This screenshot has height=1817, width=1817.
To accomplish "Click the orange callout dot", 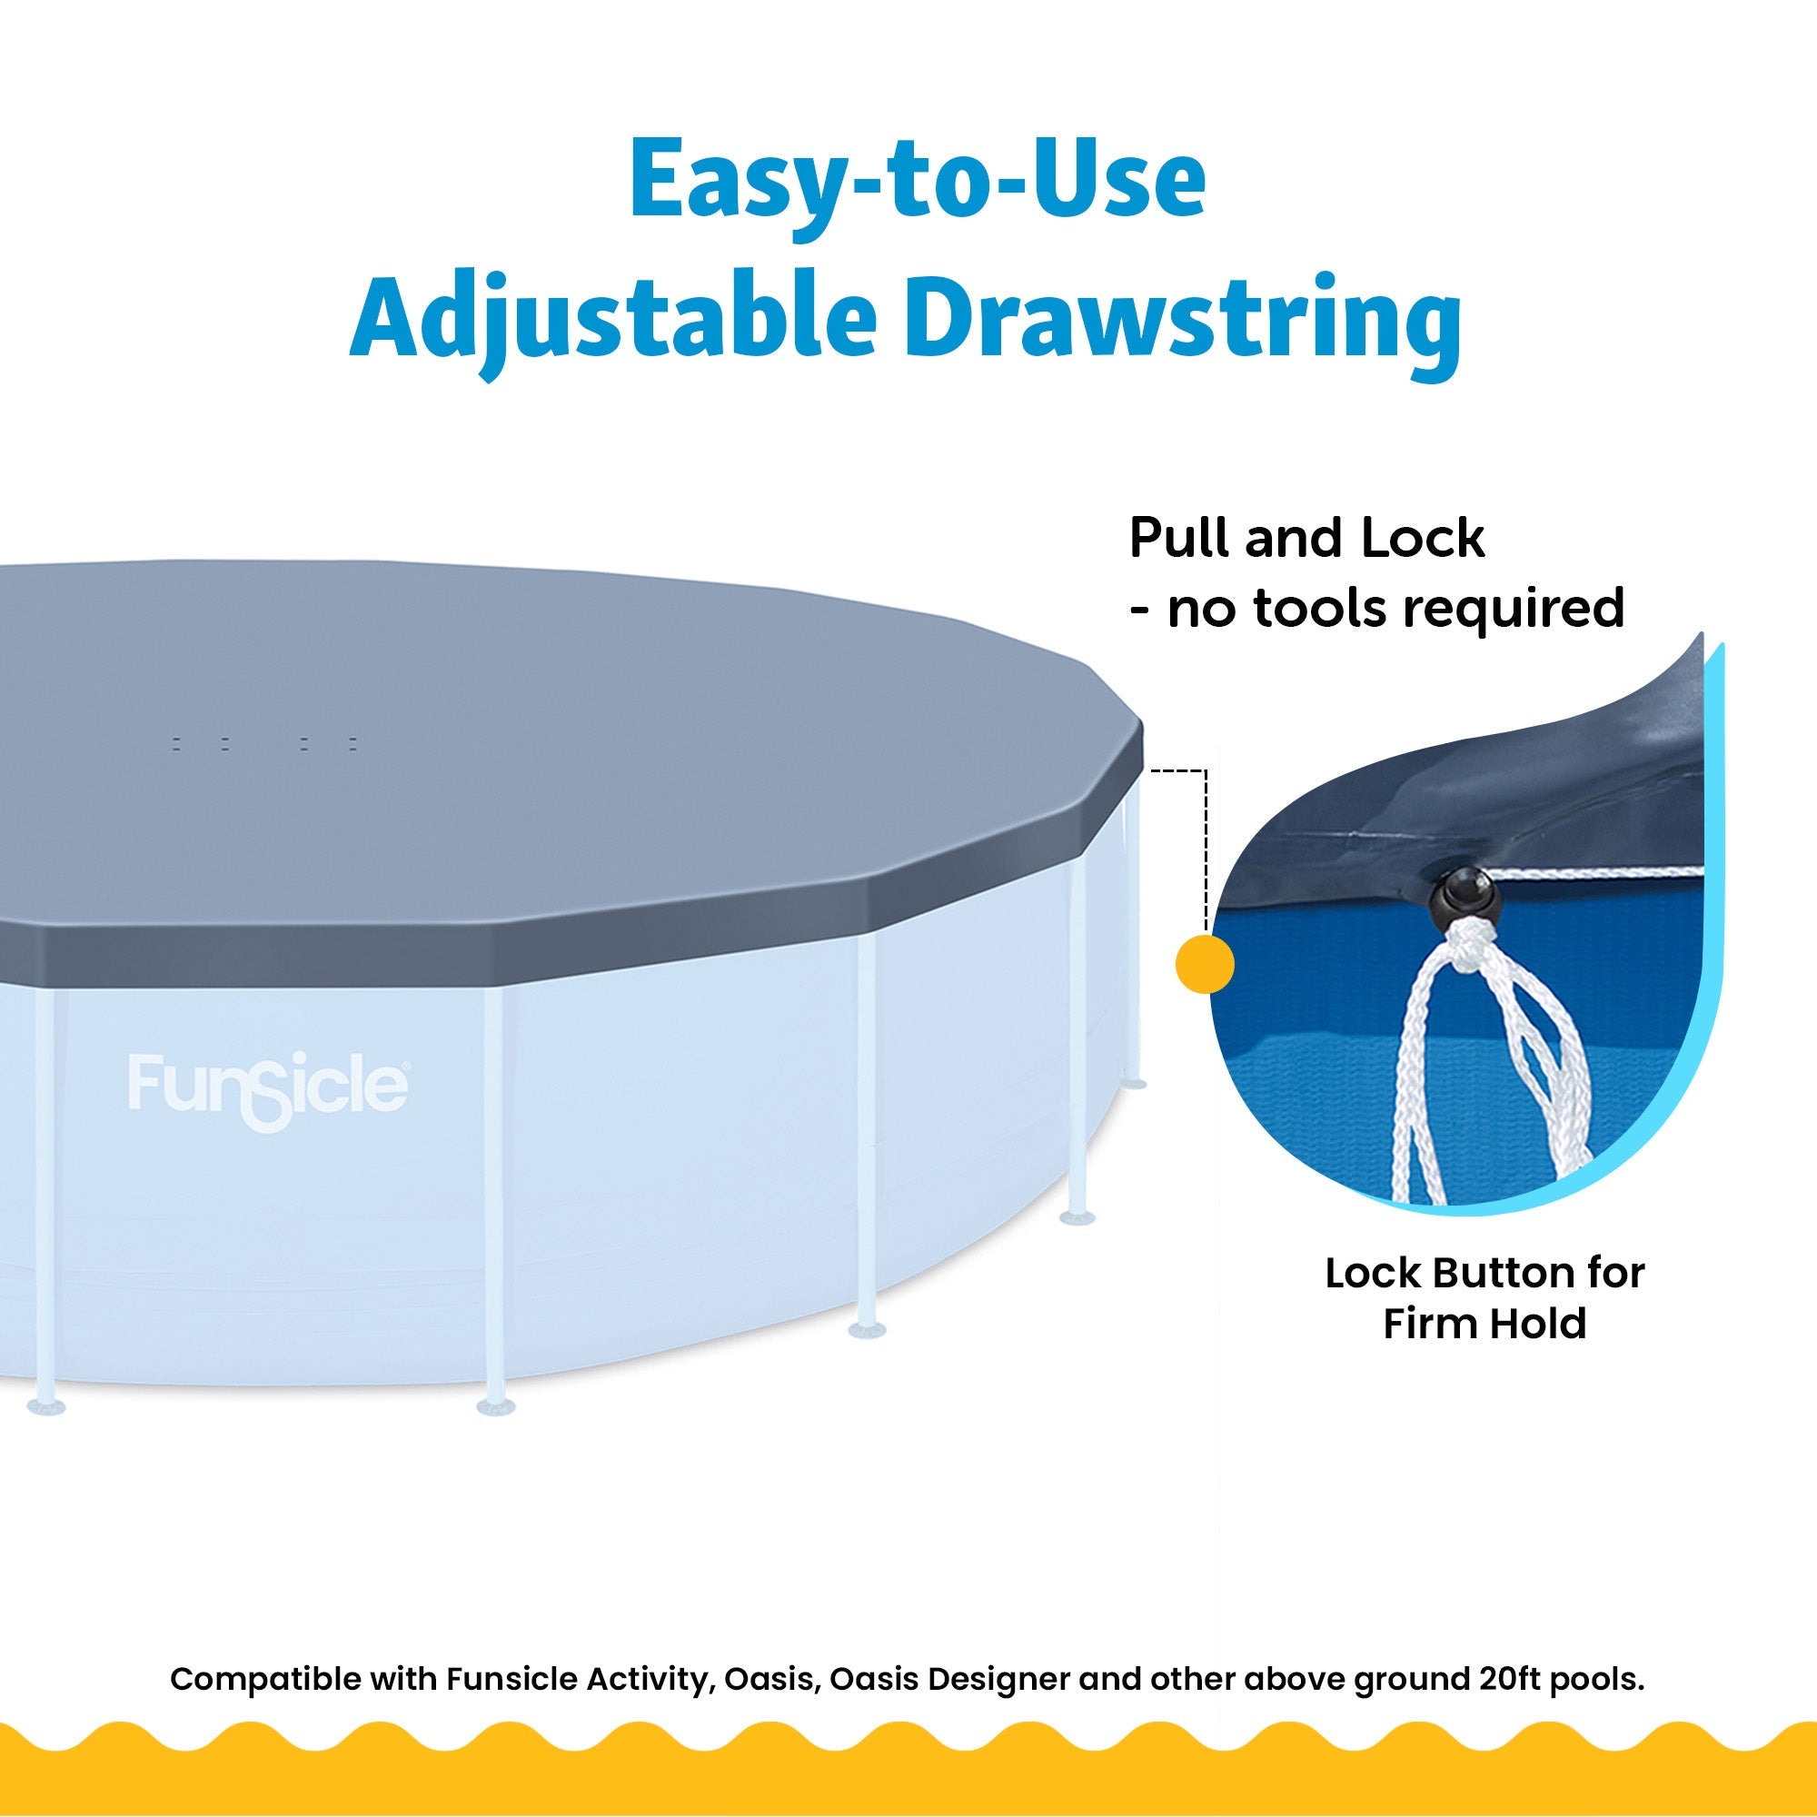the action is click(1205, 964).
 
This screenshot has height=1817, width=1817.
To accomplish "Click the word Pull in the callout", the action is click(1178, 539).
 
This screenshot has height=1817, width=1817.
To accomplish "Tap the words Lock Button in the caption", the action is click(1458, 1274).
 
